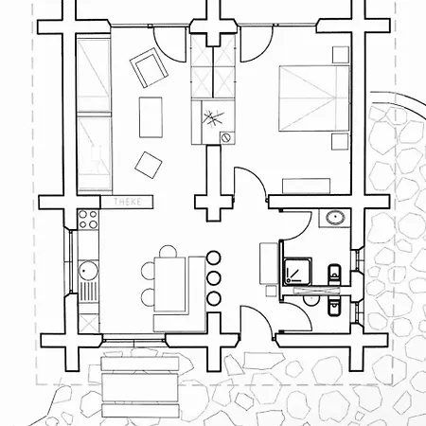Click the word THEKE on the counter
128,202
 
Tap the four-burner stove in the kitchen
88,220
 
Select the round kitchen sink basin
88,271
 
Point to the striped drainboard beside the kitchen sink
88,292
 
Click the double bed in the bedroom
314,98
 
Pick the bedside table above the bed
341,55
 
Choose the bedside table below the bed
340,142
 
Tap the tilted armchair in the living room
149,67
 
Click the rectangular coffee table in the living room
151,117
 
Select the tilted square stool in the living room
149,165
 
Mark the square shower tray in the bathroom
297,272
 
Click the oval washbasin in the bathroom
335,218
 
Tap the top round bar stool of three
214,257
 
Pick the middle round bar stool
214,278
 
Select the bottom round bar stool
214,298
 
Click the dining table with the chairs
169,285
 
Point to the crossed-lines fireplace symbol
213,118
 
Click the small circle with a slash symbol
226,137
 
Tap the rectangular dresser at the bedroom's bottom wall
306,186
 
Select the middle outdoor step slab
140,387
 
